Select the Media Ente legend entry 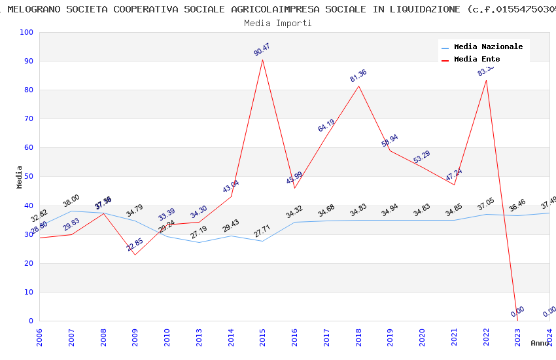tap(477, 60)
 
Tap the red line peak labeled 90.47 tap(263, 60)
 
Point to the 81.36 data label tap(358, 76)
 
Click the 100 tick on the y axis tap(27, 33)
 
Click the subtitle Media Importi tap(277, 23)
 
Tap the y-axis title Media tap(20, 177)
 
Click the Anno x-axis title tap(540, 343)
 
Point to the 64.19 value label tap(326, 126)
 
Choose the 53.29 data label tap(422, 157)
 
